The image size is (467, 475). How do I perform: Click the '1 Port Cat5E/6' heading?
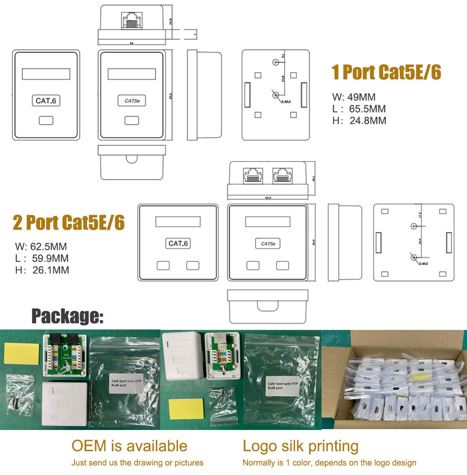click(x=386, y=73)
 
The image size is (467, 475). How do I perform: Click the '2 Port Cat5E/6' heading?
click(x=68, y=223)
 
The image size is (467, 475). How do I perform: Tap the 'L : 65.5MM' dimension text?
click(x=359, y=109)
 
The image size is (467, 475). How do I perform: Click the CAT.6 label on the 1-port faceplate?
click(x=46, y=101)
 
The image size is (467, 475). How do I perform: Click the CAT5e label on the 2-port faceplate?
click(x=267, y=243)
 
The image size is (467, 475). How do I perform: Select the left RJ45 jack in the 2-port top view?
click(x=253, y=175)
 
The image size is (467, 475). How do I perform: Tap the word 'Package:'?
click(x=68, y=316)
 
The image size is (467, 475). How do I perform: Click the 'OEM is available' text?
click(x=129, y=446)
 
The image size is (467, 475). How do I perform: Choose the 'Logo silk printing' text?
click(x=300, y=446)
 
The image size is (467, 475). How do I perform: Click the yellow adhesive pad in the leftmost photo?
click(x=21, y=352)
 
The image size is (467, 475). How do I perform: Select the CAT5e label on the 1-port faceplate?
click(x=131, y=101)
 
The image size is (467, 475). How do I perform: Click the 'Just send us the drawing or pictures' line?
click(x=137, y=463)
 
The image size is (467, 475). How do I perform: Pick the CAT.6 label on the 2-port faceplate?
click(x=178, y=243)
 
